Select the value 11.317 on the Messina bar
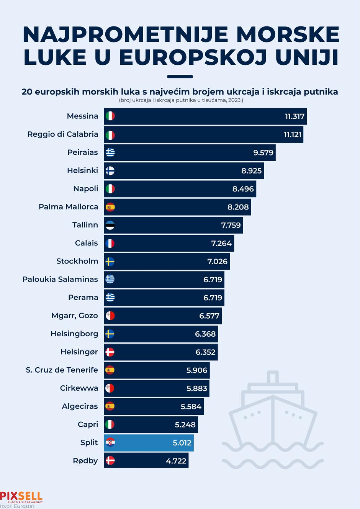pyautogui.click(x=295, y=116)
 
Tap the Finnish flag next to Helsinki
pyautogui.click(x=110, y=171)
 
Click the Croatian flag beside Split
pyautogui.click(x=110, y=443)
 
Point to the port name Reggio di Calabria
pyautogui.click(x=63, y=134)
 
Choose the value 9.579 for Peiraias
pyautogui.click(x=263, y=153)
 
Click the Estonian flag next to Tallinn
pyautogui.click(x=110, y=225)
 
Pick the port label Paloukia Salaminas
pyautogui.click(x=60, y=280)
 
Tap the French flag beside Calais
pyautogui.click(x=110, y=243)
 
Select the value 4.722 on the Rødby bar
pyautogui.click(x=176, y=461)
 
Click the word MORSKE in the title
pyautogui.click(x=288, y=34)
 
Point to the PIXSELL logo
pyautogui.click(x=21, y=497)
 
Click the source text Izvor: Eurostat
pyautogui.click(x=17, y=506)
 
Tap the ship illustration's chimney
pyautogui.click(x=272, y=377)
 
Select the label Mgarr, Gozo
pyautogui.click(x=75, y=316)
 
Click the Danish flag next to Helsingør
pyautogui.click(x=110, y=352)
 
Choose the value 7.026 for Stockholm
pyautogui.click(x=217, y=262)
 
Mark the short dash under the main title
pyautogui.click(x=180, y=77)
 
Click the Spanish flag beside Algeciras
pyautogui.click(x=110, y=406)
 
